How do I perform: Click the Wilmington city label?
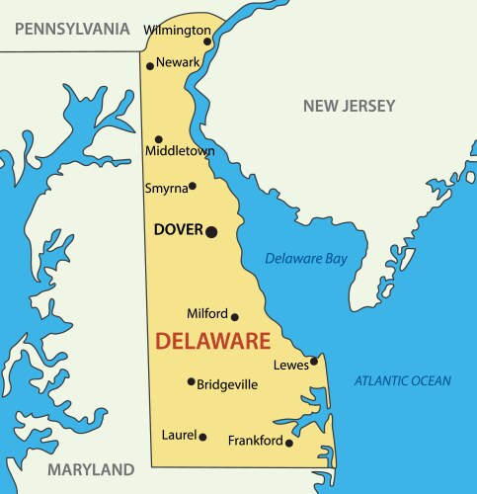tap(178, 30)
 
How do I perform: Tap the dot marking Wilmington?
tap(207, 41)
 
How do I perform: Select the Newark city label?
tap(178, 62)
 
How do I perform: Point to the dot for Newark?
tap(150, 66)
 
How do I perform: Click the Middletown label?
tap(180, 151)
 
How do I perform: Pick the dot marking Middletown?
tap(159, 139)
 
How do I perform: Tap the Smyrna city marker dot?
tap(192, 186)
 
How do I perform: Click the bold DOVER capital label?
tap(178, 230)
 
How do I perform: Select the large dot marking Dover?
tap(210, 231)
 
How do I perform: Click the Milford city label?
tap(207, 313)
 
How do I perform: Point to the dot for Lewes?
tap(314, 361)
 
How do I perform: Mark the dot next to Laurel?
tap(203, 436)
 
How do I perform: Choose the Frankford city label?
tap(256, 441)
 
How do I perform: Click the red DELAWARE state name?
tap(212, 343)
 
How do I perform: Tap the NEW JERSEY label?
tap(349, 106)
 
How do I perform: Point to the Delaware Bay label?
tap(306, 259)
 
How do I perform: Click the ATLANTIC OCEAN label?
tap(403, 380)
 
